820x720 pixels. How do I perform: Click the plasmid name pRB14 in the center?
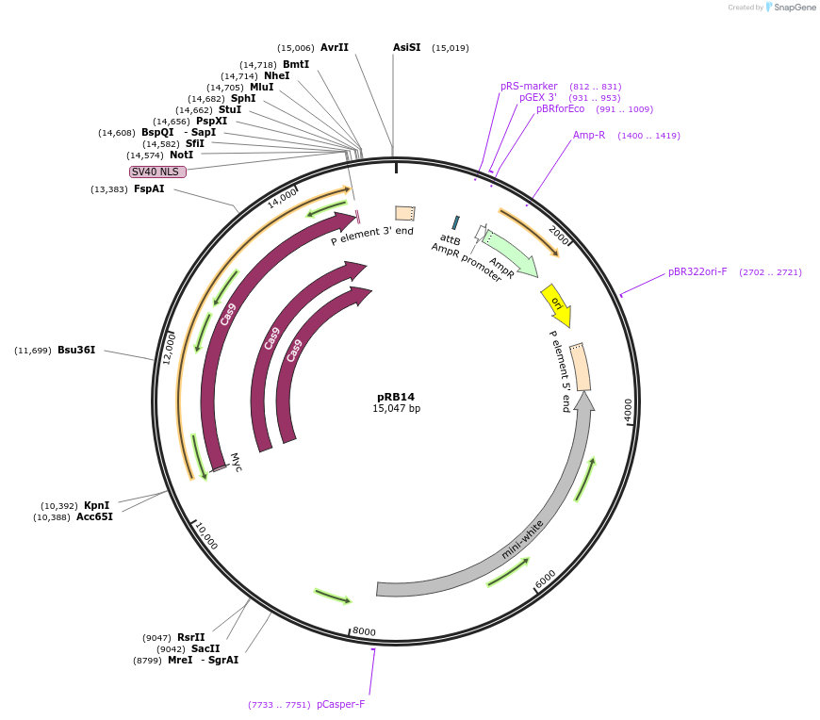point(396,397)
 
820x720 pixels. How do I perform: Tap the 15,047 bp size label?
point(396,409)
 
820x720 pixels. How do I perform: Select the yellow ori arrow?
point(556,304)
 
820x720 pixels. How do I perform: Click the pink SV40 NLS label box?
point(158,172)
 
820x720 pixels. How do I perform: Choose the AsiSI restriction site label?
point(407,47)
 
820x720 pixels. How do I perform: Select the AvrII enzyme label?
point(335,47)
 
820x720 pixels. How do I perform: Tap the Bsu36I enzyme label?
point(76,351)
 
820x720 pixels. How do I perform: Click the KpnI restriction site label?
point(97,506)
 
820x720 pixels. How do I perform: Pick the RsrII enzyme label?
point(191,638)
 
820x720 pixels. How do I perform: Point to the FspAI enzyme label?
point(149,189)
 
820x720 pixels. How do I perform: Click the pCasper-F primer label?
point(340,704)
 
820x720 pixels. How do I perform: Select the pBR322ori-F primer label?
point(697,271)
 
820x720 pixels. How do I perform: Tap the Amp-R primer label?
point(589,135)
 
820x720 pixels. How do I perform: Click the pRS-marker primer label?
point(529,86)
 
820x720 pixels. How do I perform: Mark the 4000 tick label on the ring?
point(629,410)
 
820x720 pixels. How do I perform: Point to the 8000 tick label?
point(364,631)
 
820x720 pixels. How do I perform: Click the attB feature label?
point(451,239)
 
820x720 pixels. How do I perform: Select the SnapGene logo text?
point(793,8)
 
